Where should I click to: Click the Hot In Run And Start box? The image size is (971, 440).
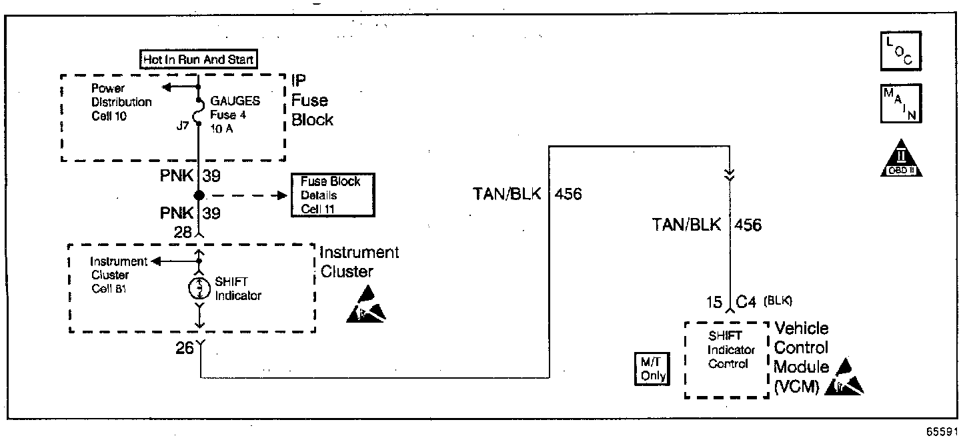199,59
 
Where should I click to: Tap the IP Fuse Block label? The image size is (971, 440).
310,101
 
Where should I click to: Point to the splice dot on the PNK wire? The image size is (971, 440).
199,195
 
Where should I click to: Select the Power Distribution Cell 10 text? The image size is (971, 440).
121,102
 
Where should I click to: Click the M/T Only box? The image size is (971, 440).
652,367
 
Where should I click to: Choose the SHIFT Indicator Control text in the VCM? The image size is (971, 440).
731,350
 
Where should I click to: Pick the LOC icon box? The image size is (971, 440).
901,51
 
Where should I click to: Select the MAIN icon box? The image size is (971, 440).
901,104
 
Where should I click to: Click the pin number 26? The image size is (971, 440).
184,347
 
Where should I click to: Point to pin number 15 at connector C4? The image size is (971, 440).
714,302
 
